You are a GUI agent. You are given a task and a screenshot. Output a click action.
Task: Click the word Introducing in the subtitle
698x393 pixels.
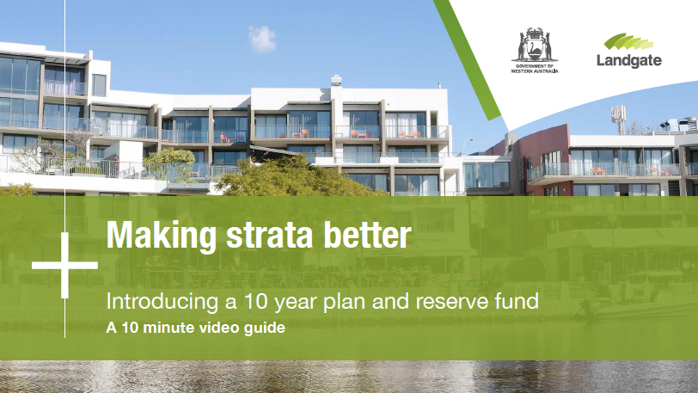pos(162,302)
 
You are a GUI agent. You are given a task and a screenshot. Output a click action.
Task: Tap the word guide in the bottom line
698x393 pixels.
pos(265,329)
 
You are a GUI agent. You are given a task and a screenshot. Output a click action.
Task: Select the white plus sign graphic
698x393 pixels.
pos(65,266)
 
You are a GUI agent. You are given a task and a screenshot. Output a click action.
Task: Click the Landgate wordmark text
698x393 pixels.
pos(629,60)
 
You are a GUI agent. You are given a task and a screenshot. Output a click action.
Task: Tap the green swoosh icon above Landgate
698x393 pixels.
pos(628,41)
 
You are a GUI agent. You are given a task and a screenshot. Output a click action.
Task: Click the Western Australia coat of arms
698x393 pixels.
pos(535,45)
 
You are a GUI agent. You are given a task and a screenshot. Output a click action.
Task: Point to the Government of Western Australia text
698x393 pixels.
pos(534,69)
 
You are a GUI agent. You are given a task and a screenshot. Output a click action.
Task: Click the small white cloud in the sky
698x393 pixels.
pos(262,39)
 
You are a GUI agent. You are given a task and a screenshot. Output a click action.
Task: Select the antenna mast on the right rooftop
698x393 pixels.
pos(618,120)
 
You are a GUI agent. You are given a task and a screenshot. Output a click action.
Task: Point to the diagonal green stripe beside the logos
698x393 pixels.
pos(467,59)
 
